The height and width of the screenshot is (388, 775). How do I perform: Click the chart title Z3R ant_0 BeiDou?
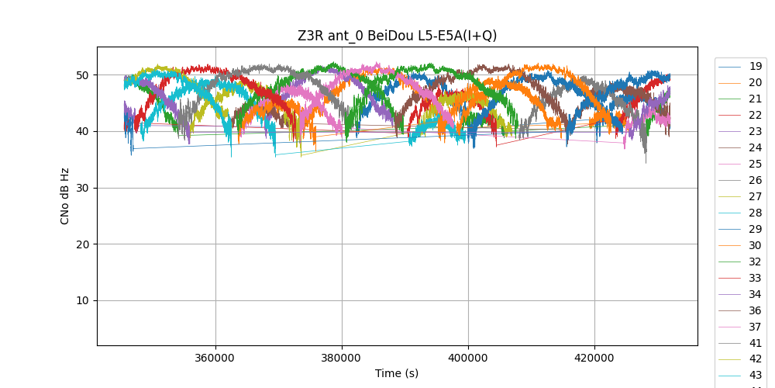pos(397,36)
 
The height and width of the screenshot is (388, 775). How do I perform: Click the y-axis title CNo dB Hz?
pos(65,196)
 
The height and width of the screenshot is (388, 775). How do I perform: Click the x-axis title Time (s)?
pos(397,373)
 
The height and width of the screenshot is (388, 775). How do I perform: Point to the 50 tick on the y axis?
pos(82,75)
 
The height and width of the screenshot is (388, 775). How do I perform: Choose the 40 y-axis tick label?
pos(82,131)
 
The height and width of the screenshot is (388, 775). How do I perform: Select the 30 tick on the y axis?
pos(82,188)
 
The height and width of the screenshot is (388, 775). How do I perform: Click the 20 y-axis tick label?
pos(82,244)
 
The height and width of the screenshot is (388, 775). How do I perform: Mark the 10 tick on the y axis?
pos(82,300)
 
